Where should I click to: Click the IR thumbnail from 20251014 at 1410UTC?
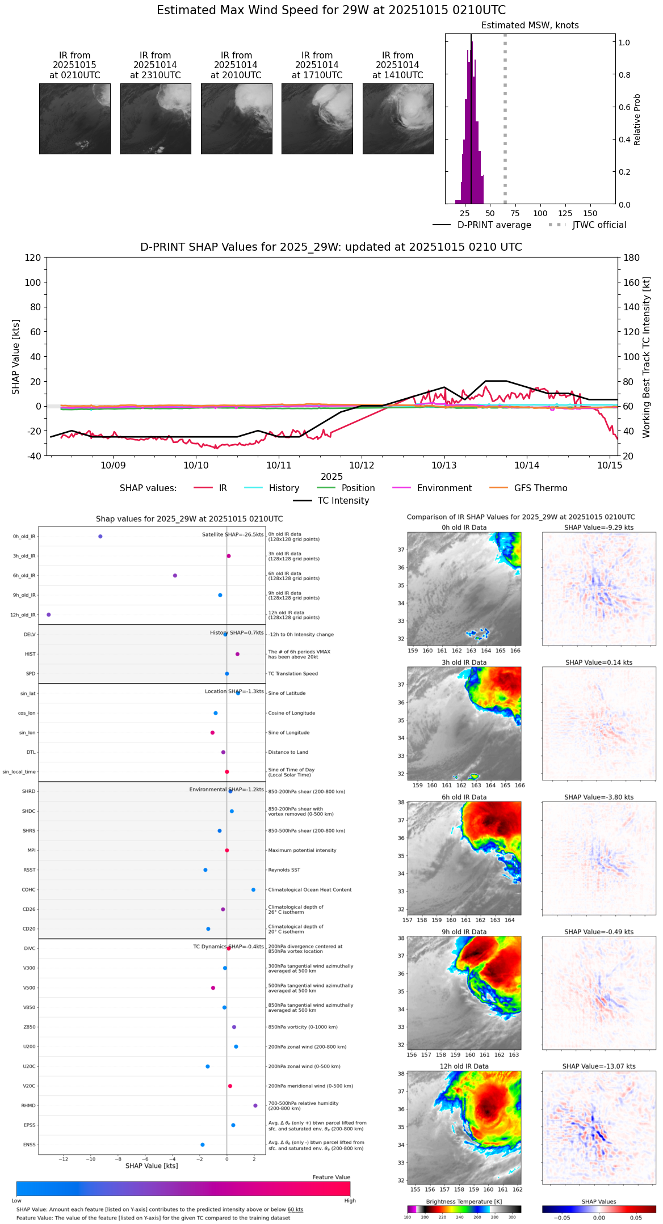pos(397,119)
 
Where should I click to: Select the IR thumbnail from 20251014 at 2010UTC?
pos(236,119)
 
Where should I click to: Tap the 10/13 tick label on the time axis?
pos(444,465)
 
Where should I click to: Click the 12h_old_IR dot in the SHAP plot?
pos(49,615)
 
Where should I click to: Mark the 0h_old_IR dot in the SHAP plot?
pos(100,537)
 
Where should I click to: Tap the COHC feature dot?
pos(253,890)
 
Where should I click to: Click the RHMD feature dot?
pos(255,1105)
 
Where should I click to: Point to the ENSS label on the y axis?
pos(29,1145)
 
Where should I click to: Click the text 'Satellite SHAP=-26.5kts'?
pos(233,535)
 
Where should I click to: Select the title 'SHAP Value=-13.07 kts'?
pos(599,1066)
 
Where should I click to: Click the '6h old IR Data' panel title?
pos(464,797)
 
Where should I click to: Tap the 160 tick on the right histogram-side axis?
pos(632,282)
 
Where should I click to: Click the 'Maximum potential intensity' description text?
pos(302,850)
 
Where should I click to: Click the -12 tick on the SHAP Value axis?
pos(63,1159)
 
